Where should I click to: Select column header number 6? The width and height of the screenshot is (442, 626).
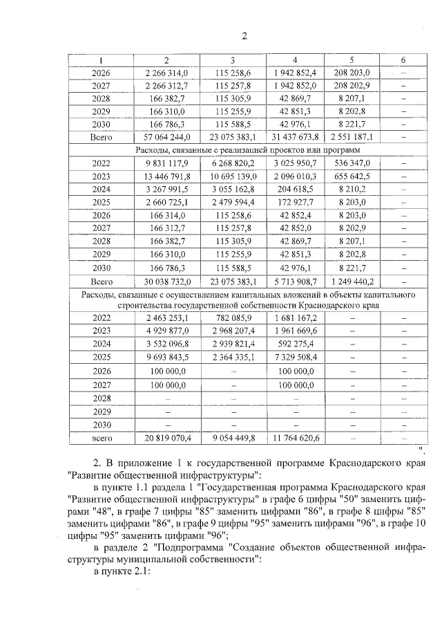point(403,60)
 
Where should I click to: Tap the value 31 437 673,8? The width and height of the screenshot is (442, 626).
point(295,137)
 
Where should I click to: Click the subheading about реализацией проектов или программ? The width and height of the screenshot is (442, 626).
point(247,150)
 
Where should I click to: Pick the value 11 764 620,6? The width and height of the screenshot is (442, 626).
point(295,438)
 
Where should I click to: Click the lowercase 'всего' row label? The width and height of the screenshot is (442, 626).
point(102,438)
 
